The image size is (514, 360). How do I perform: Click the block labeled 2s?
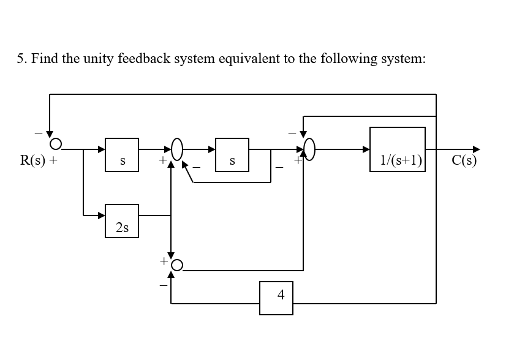click(x=122, y=221)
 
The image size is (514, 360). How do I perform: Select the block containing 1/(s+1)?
click(x=398, y=149)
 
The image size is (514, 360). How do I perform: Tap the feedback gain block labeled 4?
click(x=276, y=298)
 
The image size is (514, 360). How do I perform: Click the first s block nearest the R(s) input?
click(x=122, y=154)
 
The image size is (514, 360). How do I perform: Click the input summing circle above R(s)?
click(x=56, y=144)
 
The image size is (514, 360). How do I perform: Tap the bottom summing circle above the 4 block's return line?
click(x=177, y=264)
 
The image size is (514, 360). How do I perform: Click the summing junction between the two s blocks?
click(x=178, y=149)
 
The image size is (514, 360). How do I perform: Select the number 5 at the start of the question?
click(x=20, y=59)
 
